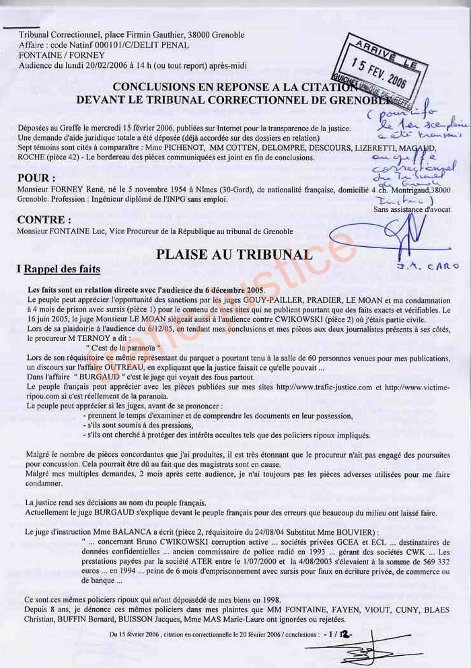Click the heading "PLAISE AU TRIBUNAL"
234,254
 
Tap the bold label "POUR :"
36,178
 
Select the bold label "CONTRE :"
44,219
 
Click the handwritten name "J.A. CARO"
434,266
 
